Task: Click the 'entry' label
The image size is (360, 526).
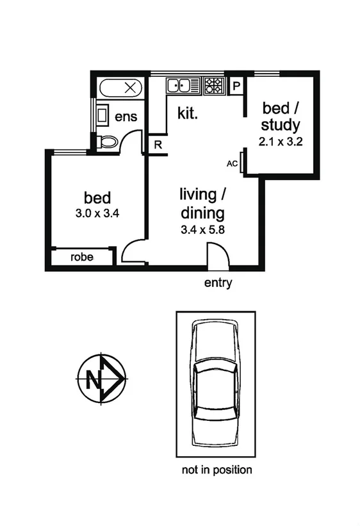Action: point(218,283)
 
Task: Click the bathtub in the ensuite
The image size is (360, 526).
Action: point(121,87)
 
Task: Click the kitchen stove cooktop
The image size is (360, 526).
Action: point(214,85)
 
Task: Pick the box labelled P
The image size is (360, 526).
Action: point(236,85)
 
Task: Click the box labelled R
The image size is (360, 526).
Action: point(157,144)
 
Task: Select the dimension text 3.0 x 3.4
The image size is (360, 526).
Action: point(97,213)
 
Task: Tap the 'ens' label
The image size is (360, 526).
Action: point(126,117)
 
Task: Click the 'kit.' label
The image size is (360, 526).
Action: point(188,115)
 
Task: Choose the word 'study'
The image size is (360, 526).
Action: point(280,124)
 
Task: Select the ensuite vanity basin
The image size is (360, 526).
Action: point(102,115)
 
